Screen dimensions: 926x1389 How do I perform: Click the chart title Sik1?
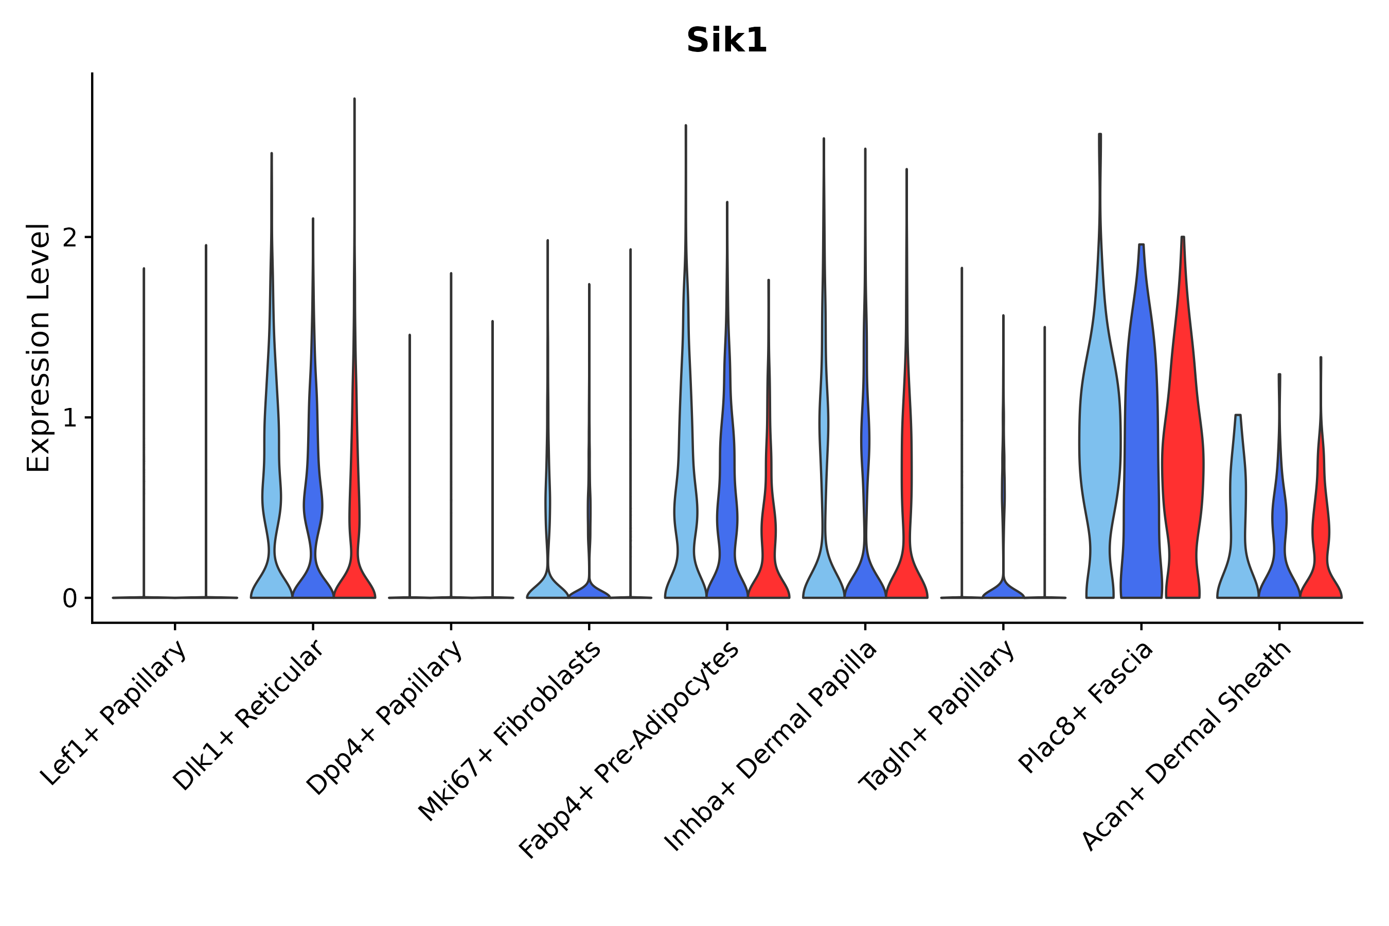(x=726, y=41)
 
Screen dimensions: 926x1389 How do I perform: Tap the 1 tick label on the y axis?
(x=69, y=418)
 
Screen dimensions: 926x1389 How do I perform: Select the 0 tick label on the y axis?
(x=69, y=599)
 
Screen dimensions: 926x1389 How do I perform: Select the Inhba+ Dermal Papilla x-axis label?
(x=771, y=746)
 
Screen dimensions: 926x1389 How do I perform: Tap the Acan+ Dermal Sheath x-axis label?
(x=1187, y=745)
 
